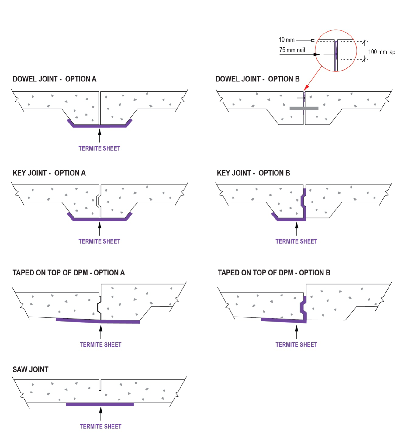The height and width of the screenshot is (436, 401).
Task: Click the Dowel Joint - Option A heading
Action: pyautogui.click(x=54, y=79)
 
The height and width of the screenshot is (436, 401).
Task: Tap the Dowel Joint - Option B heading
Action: pyautogui.click(x=258, y=79)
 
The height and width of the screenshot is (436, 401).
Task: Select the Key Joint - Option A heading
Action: pyautogui.click(x=49, y=173)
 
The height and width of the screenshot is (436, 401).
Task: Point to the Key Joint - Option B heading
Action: pyautogui.click(x=253, y=173)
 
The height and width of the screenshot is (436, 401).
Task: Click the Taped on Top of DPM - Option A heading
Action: pyautogui.click(x=69, y=272)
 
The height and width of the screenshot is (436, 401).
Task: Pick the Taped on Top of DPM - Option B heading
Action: pyautogui.click(x=274, y=272)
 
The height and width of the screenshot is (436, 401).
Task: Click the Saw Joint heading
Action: pyautogui.click(x=30, y=369)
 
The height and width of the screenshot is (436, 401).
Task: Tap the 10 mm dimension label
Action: pyautogui.click(x=286, y=40)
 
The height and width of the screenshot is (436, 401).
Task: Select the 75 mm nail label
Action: pyautogui.click(x=292, y=50)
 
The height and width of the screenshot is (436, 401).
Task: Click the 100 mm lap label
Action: pyautogui.click(x=382, y=52)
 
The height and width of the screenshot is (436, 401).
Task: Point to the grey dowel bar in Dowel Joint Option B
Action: pyautogui.click(x=304, y=108)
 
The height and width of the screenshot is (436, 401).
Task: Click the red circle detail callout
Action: pyautogui.click(x=336, y=51)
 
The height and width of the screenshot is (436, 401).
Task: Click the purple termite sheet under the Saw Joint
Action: pyautogui.click(x=100, y=404)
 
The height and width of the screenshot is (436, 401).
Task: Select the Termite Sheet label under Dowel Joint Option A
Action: pyautogui.click(x=99, y=148)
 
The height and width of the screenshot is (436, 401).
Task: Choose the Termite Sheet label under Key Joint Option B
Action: pyautogui.click(x=296, y=241)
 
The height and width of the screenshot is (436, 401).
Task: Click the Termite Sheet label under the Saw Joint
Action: pyautogui.click(x=100, y=426)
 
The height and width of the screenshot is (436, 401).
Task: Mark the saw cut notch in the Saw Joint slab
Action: pyautogui.click(x=100, y=385)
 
